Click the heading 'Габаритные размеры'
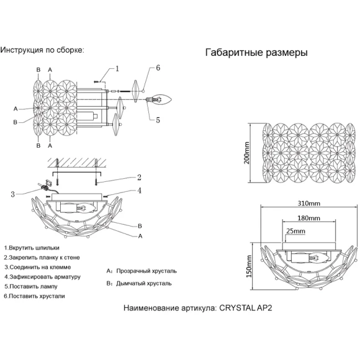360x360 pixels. pos(256,53)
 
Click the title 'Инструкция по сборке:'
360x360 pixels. pos(42,50)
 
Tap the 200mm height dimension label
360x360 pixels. pos(246,153)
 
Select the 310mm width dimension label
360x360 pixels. pos(309,204)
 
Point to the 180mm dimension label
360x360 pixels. pos(308,218)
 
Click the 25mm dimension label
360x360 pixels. pos(295,231)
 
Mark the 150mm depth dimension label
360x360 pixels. pos(249,266)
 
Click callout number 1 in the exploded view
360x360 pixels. pos(117,69)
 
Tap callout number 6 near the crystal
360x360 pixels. pos(158,68)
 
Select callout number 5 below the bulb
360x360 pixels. pos(158,120)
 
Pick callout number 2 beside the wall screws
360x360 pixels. pos(139,178)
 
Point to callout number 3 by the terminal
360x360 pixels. pos(12,194)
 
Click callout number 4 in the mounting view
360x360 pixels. pos(139,191)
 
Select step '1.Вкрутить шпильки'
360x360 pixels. pos(32,248)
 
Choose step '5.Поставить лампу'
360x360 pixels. pos(31,287)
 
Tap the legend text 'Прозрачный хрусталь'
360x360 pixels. pos(146,271)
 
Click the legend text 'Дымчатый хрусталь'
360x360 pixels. pos(144,284)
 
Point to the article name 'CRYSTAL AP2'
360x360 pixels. pos(246,308)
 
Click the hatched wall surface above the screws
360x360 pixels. pos(77,163)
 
